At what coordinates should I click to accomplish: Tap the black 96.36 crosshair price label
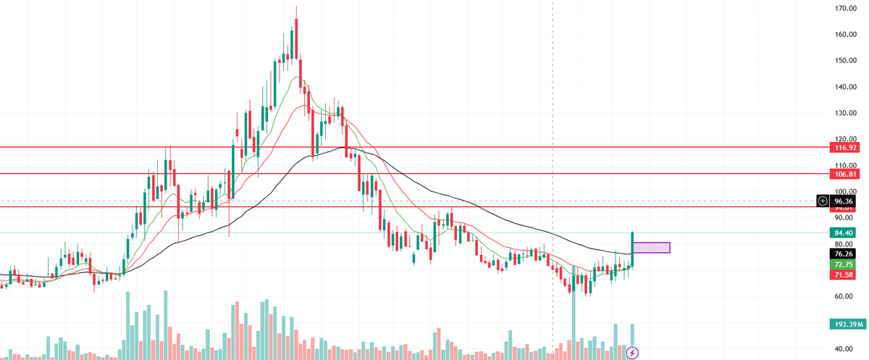[848, 201]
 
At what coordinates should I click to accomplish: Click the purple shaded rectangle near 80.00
[652, 248]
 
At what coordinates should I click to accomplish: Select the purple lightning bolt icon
[632, 353]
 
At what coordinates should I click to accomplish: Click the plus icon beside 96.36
[823, 201]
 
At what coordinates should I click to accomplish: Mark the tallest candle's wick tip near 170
[296, 7]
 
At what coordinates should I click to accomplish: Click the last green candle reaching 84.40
[633, 248]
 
